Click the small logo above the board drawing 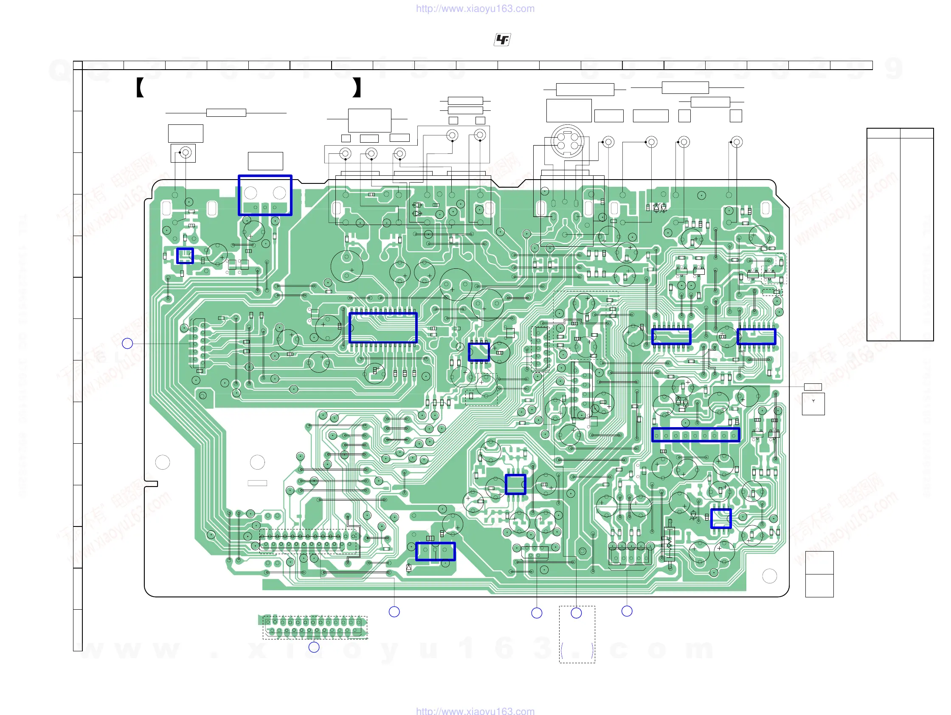(502, 40)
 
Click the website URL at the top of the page (475, 8)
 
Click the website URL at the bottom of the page (475, 711)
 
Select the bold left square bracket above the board (140, 87)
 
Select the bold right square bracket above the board (356, 87)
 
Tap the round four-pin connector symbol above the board (568, 141)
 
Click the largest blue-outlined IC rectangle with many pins (383, 328)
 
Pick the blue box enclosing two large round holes (265, 195)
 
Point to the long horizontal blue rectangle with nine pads (695, 435)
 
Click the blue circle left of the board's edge (127, 343)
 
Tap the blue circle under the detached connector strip (314, 647)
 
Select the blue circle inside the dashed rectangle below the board (576, 613)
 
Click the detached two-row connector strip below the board (314, 627)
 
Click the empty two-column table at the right (899, 234)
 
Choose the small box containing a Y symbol (813, 403)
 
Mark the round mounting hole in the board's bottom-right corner (769, 576)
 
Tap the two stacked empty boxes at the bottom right (819, 574)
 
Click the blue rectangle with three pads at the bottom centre (435, 551)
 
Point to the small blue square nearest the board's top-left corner (185, 256)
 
